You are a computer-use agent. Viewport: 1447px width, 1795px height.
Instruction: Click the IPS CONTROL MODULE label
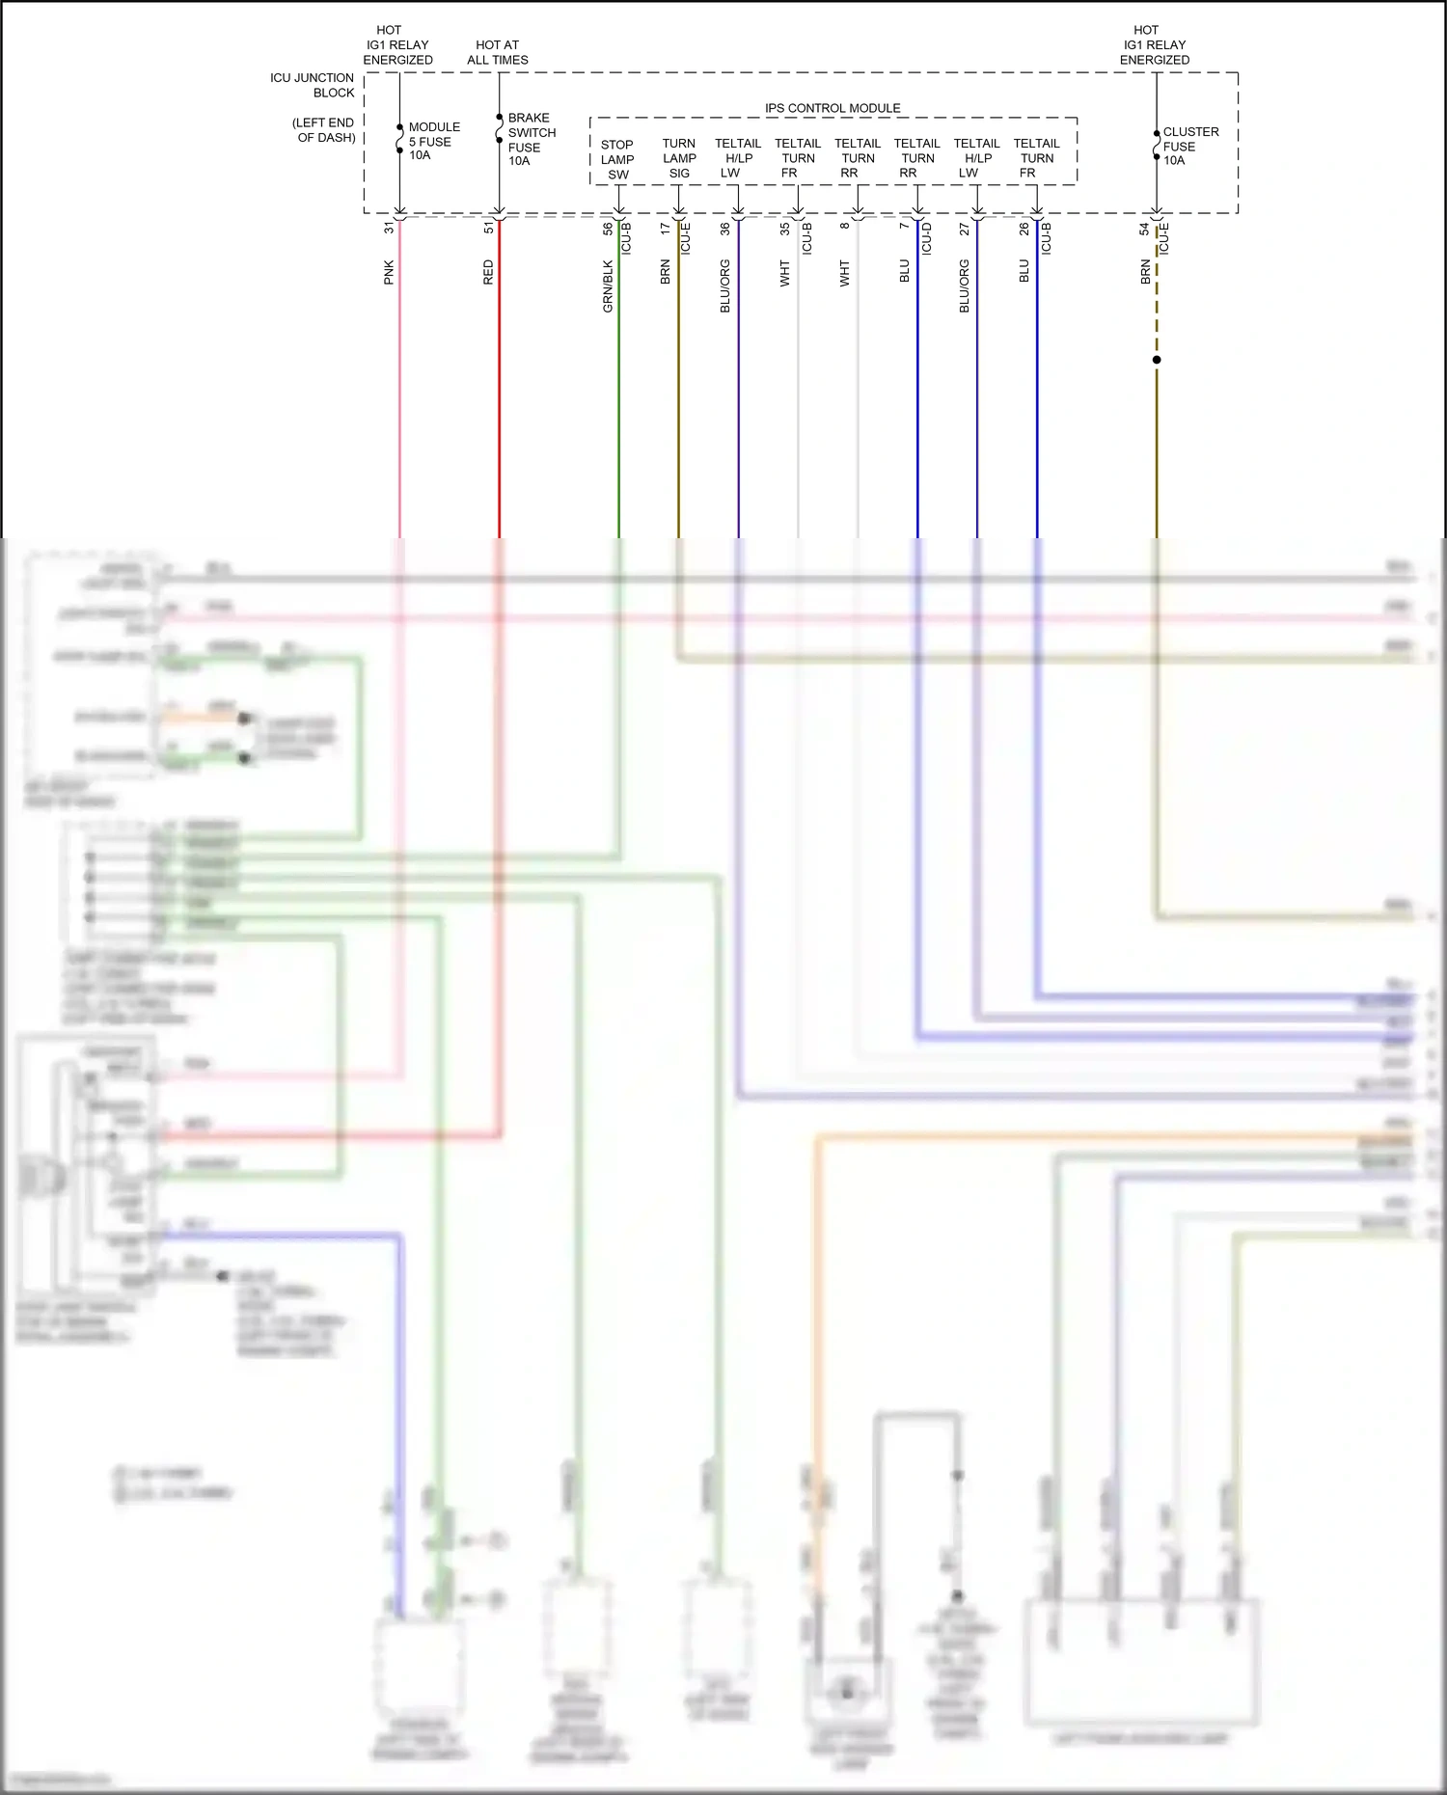pos(833,108)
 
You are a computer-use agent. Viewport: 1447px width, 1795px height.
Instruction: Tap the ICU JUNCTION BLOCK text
pos(313,85)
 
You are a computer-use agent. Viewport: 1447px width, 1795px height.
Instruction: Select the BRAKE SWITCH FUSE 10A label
pos(531,140)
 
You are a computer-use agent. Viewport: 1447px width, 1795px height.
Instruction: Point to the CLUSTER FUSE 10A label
pos(1189,146)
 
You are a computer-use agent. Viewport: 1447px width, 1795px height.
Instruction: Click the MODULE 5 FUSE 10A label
pos(433,141)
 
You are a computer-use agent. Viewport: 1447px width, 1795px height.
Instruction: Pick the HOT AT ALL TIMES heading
pos(497,52)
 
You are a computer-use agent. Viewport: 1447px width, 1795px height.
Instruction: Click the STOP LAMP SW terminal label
pos(617,160)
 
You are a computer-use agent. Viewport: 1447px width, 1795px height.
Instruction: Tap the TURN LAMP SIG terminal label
pos(679,158)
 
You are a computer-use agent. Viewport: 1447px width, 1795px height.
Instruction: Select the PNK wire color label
pos(389,272)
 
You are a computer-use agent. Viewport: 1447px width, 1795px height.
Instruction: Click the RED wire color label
pos(488,272)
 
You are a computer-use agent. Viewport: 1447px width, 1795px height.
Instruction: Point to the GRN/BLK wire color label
pos(608,286)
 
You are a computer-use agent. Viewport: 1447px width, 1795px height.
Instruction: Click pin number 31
pos(389,229)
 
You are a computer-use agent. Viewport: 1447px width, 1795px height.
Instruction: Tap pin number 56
pos(608,229)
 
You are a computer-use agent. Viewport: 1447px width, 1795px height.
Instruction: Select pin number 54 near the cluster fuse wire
pos(1144,229)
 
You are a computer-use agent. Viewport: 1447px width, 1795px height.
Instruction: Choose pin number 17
pos(665,229)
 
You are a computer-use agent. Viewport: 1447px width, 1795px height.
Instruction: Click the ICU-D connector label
pos(926,238)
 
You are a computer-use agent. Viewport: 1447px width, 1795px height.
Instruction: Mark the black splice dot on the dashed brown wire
pos(1157,360)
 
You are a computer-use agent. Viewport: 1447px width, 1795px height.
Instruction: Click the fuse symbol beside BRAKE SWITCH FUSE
pos(499,129)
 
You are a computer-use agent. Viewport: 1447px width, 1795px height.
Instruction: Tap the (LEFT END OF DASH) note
pos(323,130)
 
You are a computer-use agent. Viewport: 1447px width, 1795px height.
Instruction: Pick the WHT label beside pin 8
pos(844,273)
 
